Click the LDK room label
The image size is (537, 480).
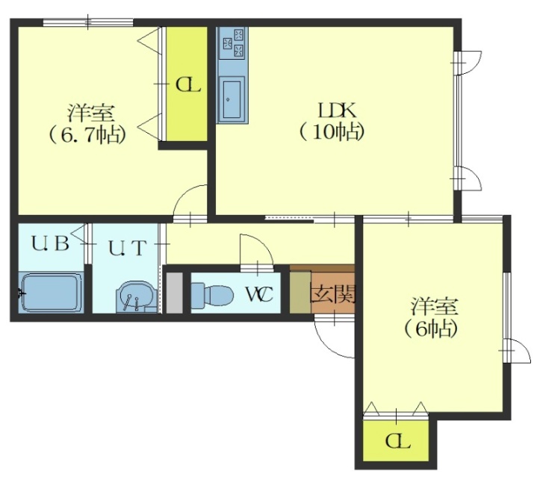click(x=338, y=110)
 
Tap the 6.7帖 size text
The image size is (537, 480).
click(x=87, y=134)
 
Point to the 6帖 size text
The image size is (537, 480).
click(x=431, y=328)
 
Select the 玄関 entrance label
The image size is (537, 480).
click(x=332, y=294)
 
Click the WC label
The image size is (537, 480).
click(x=260, y=294)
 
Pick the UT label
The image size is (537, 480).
click(x=128, y=248)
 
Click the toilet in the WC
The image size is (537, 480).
click(x=212, y=293)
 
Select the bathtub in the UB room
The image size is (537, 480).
click(x=52, y=293)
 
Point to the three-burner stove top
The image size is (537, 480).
click(x=232, y=43)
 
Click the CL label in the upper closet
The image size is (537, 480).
click(x=187, y=85)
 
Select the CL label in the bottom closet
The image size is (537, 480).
click(x=397, y=442)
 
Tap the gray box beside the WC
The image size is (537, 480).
click(x=174, y=293)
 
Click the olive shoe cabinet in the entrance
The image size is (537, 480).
click(x=300, y=293)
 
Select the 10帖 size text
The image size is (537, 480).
click(x=331, y=132)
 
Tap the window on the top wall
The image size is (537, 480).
click(x=88, y=22)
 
